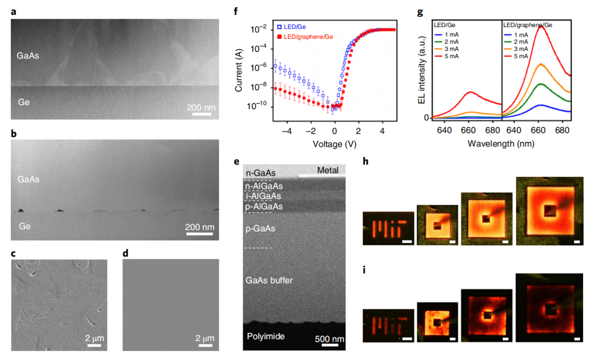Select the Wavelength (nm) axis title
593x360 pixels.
tap(501, 144)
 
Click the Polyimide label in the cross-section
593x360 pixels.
tap(265, 336)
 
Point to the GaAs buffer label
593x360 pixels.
tap(269, 281)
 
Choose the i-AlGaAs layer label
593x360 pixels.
tap(263, 196)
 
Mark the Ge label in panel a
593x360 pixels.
tap(23, 102)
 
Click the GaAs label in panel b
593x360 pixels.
tap(28, 179)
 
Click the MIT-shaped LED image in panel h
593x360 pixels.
tap(388, 229)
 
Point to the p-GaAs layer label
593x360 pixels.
tap(260, 229)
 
